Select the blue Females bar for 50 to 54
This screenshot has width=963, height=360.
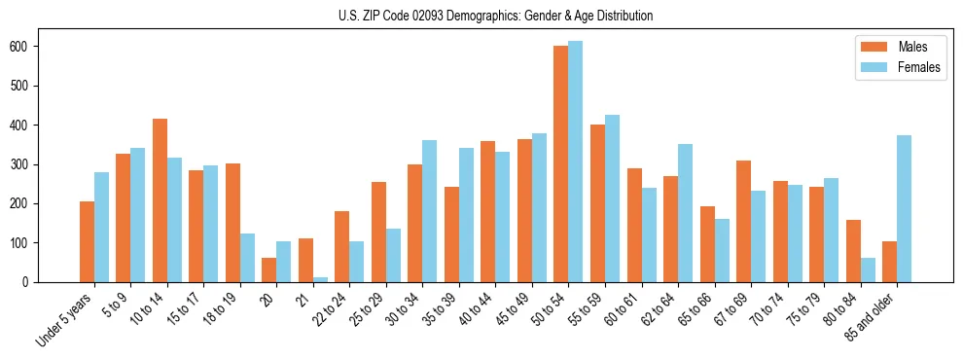(x=575, y=162)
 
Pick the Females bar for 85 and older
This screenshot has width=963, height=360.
(x=904, y=208)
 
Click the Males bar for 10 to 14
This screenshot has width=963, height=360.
(x=160, y=200)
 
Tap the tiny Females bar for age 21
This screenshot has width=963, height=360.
(x=320, y=279)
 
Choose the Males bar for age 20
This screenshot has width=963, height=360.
(x=268, y=270)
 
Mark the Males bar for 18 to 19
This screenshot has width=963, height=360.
(x=232, y=223)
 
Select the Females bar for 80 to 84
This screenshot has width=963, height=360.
(x=868, y=270)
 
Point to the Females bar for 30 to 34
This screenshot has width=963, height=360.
(x=429, y=211)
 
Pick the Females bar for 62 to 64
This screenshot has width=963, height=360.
(x=685, y=213)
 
